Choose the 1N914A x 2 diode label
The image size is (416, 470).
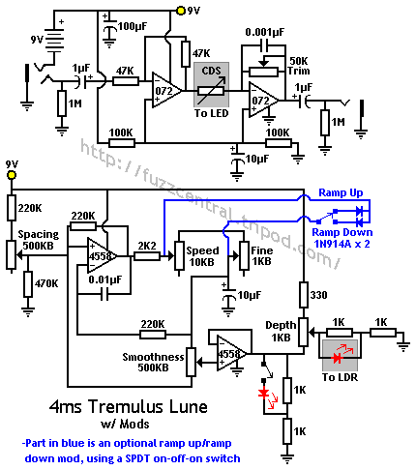[342, 247]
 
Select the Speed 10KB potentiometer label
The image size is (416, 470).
[201, 255]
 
